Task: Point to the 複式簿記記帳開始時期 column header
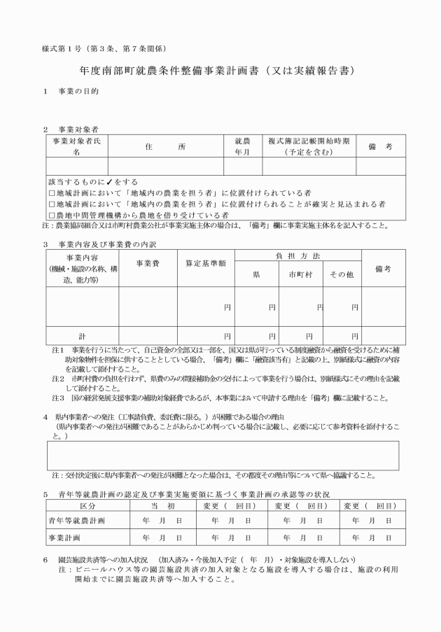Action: click(x=308, y=146)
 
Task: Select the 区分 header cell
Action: click(x=87, y=505)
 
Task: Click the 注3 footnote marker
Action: click(x=59, y=398)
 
